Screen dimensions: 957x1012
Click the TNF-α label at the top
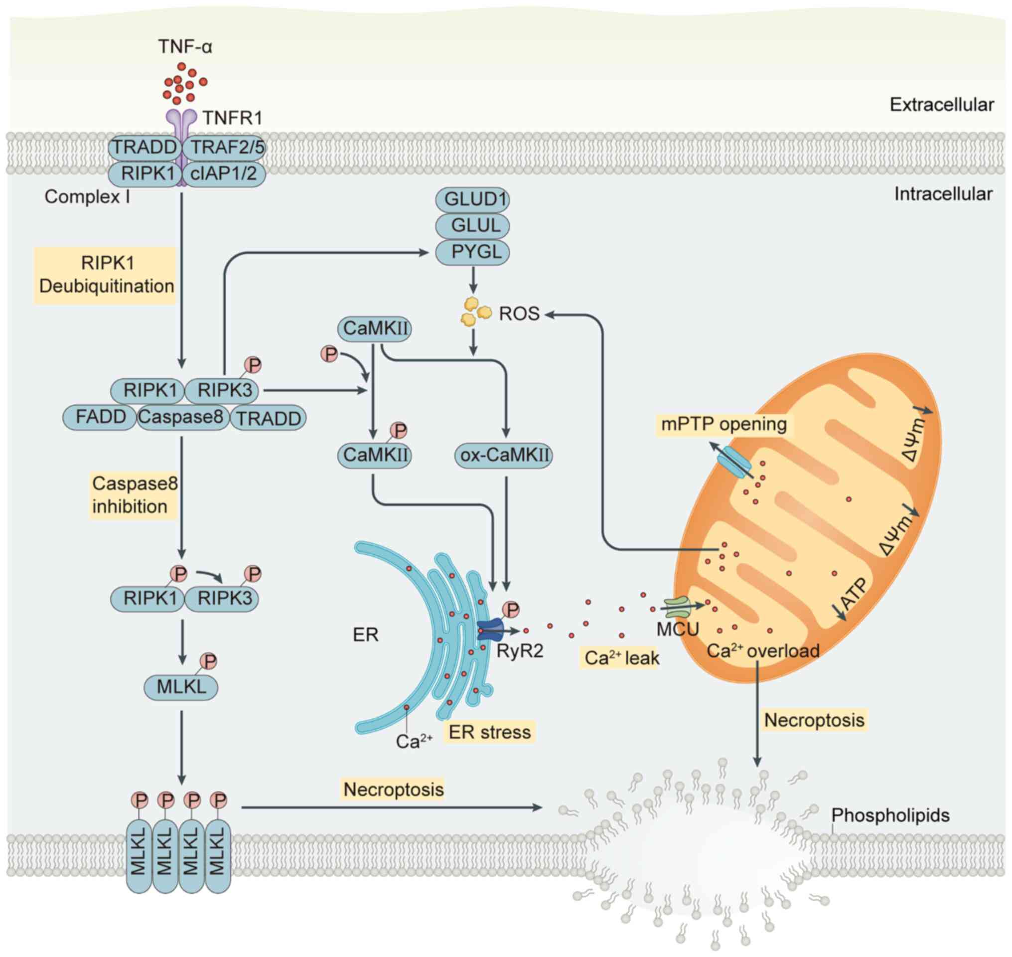click(x=185, y=46)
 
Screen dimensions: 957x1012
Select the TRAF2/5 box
click(x=227, y=148)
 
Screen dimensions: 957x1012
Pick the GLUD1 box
click(x=472, y=199)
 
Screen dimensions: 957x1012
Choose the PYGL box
click(x=472, y=252)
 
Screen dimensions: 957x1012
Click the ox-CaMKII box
click(x=504, y=455)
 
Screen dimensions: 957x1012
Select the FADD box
click(x=100, y=417)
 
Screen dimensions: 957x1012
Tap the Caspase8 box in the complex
click(x=182, y=417)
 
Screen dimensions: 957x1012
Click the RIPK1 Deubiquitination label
click(x=106, y=275)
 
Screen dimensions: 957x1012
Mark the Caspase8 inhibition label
click(x=134, y=495)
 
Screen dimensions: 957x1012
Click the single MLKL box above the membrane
click(x=181, y=687)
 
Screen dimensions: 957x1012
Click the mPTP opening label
click(x=724, y=425)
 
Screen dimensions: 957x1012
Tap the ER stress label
click(x=490, y=732)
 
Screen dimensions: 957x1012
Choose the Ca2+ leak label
click(x=621, y=658)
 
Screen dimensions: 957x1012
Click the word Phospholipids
click(x=890, y=815)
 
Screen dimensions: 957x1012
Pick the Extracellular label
click(x=942, y=105)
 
